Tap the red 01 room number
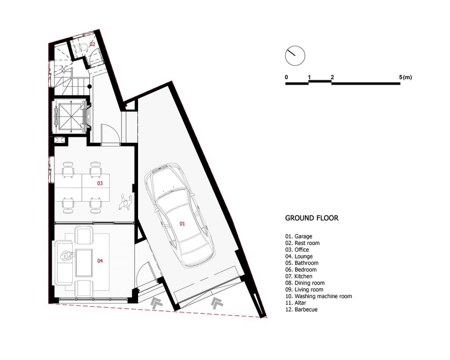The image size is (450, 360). [x=182, y=224]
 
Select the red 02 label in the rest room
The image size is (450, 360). [x=92, y=44]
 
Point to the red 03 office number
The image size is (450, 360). [x=100, y=183]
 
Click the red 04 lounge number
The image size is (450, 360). [x=100, y=261]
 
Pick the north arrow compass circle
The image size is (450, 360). [x=295, y=56]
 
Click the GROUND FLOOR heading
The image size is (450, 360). [x=312, y=218]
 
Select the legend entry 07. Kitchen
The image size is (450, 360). [x=299, y=276]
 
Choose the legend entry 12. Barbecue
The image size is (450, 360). [x=301, y=309]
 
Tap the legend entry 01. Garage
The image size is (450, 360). [x=298, y=236]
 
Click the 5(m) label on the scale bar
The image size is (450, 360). [x=405, y=77]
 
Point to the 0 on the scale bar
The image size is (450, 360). [x=287, y=77]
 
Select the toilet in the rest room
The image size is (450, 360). [x=81, y=47]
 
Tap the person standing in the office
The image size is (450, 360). [x=126, y=203]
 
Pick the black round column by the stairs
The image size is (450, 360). [x=90, y=86]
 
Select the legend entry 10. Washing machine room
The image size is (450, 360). [x=319, y=296]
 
